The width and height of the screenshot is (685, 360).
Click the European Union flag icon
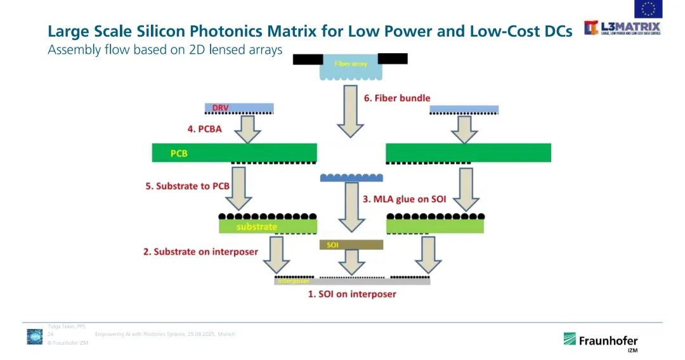[x=648, y=9]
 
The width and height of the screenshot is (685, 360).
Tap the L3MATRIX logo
[x=622, y=28]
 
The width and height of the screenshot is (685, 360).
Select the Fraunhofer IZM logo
[x=600, y=340]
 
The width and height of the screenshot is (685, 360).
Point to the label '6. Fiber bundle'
[x=397, y=98]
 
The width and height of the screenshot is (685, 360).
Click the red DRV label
[x=220, y=108]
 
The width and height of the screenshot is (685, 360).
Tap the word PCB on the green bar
[x=179, y=153]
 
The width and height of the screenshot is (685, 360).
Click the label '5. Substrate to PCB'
[x=188, y=186]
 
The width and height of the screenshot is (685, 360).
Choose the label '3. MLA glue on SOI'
[x=404, y=199]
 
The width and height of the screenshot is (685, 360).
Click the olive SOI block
[x=351, y=245]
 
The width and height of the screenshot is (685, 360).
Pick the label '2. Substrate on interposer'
[x=200, y=252]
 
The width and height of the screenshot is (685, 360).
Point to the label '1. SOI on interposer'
[x=352, y=294]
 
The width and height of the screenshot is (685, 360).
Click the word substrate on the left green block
[x=257, y=226]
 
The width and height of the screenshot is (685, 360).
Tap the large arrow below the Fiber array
[x=351, y=111]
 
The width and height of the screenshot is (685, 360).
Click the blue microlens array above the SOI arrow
[x=351, y=177]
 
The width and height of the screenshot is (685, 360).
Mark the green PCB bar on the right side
[x=468, y=153]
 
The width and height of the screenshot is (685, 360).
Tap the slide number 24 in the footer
[x=50, y=334]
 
